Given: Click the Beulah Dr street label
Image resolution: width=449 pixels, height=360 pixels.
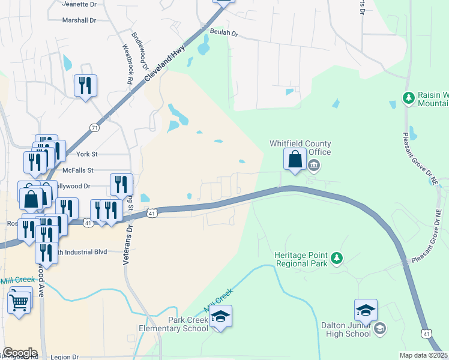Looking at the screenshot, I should pyautogui.click(x=224, y=33).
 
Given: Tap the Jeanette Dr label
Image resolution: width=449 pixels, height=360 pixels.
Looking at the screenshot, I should pyautogui.click(x=79, y=3).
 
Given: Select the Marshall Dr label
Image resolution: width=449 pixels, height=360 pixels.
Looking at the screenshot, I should pyautogui.click(x=79, y=20).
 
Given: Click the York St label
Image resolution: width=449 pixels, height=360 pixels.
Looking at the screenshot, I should pyautogui.click(x=86, y=154).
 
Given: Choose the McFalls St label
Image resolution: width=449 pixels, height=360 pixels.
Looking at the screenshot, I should pyautogui.click(x=79, y=171).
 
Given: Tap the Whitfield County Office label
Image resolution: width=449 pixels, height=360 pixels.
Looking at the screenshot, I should pyautogui.click(x=300, y=148).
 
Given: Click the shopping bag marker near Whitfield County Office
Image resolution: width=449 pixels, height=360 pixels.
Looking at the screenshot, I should pyautogui.click(x=294, y=160).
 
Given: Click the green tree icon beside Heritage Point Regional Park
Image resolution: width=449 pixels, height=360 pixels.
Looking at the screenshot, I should pyautogui.click(x=337, y=258).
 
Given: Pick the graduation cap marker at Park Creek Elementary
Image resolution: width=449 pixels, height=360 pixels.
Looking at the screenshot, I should pyautogui.click(x=220, y=316).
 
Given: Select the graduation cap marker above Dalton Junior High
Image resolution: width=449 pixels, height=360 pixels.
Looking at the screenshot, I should pyautogui.click(x=366, y=310).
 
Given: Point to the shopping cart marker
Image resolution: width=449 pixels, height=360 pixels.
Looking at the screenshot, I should pyautogui.click(x=20, y=300).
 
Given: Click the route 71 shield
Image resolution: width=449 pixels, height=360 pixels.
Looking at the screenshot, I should pyautogui.click(x=94, y=128).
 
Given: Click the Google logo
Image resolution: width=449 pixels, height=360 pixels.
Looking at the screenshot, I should pyautogui.click(x=20, y=353).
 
